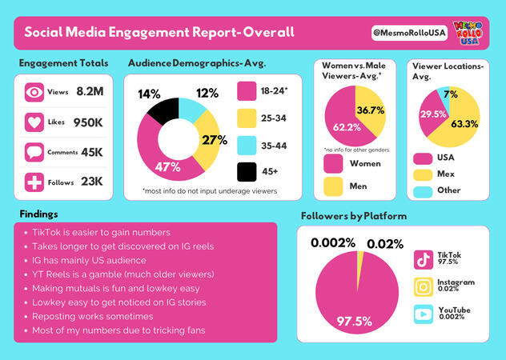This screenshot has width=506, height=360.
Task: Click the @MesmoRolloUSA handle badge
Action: [x=408, y=32]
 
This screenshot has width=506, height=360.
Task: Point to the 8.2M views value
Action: [x=90, y=92]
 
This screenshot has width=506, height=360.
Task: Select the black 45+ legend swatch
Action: [x=247, y=171]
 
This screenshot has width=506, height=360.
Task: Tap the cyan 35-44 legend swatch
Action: [x=247, y=145]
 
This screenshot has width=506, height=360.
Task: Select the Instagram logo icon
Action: [x=424, y=286]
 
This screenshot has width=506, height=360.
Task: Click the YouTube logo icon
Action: [x=424, y=314]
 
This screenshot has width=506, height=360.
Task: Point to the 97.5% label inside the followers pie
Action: [x=353, y=321]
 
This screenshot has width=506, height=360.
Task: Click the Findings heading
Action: [x=39, y=214]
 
